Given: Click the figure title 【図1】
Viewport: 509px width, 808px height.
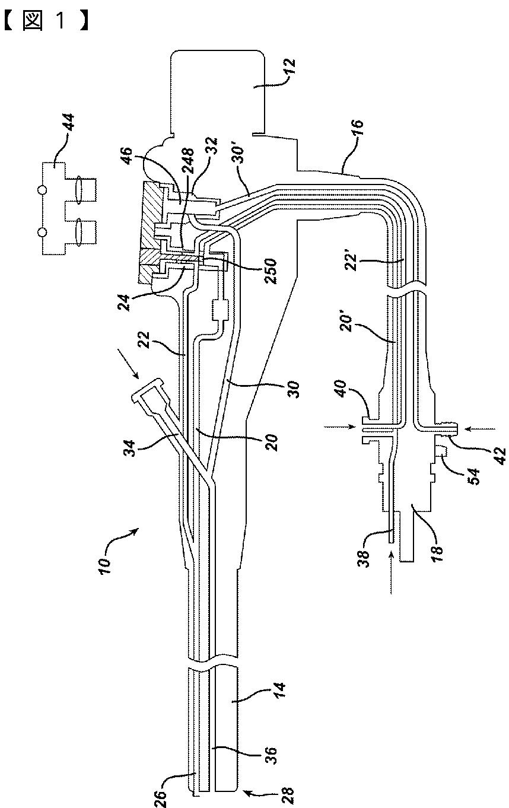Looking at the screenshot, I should pyautogui.click(x=48, y=21).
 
